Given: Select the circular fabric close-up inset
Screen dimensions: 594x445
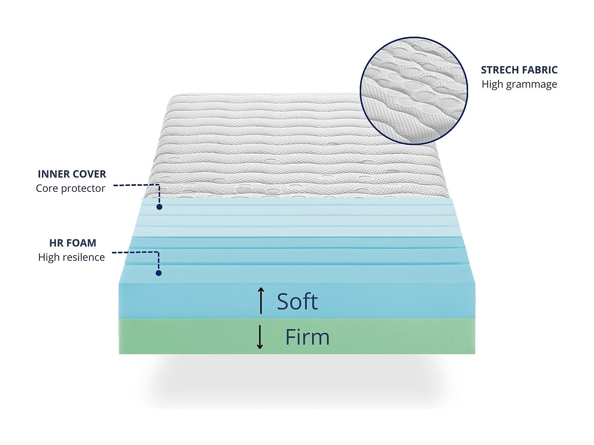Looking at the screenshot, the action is (414, 91).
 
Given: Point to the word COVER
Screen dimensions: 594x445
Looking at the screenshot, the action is (89, 174).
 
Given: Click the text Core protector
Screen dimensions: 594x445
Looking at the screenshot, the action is (70, 188).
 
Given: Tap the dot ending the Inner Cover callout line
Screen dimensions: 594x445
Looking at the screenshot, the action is (159, 207).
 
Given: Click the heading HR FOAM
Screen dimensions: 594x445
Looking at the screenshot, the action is (73, 243).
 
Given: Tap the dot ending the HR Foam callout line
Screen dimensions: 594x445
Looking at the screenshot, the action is (159, 273).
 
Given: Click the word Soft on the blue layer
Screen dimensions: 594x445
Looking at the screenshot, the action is (297, 302).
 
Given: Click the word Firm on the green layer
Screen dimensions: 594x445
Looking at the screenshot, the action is (307, 337).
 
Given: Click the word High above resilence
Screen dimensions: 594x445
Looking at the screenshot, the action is (49, 257).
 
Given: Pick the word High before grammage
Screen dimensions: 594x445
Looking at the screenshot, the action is (492, 85).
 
